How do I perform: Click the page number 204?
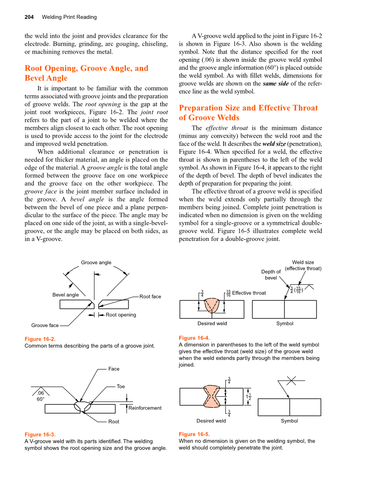(x=29, y=17)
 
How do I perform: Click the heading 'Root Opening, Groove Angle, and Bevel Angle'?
(x=86, y=73)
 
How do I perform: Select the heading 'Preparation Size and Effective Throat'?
(x=248, y=108)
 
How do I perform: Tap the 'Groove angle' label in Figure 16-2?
(x=96, y=262)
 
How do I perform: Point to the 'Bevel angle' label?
(x=65, y=295)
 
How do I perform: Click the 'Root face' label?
(x=150, y=297)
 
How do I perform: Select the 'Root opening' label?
(x=121, y=315)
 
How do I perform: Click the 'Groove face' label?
(x=45, y=326)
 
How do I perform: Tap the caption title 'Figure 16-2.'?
(x=40, y=339)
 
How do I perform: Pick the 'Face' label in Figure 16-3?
(x=114, y=369)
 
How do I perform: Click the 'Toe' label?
(x=121, y=387)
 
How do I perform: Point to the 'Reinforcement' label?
(x=145, y=408)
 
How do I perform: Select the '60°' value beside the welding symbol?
(x=40, y=399)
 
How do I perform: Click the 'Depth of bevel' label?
(x=271, y=275)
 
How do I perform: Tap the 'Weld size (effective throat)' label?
(x=303, y=265)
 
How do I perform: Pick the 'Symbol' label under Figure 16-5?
(x=289, y=421)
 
